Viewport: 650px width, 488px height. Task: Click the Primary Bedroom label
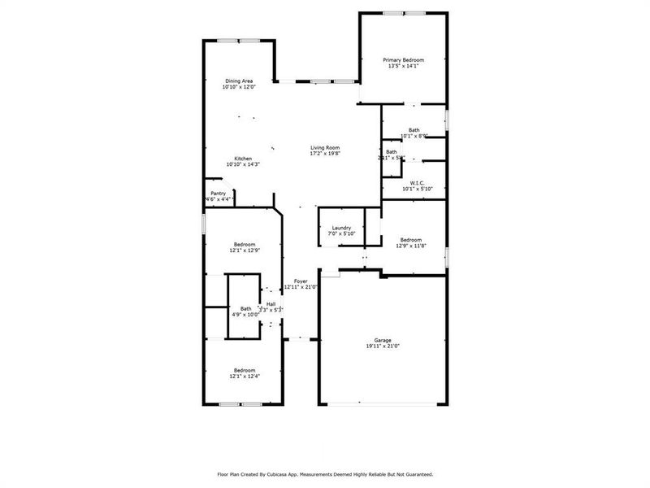[x=404, y=60]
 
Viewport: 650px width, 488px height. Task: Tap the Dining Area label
[x=239, y=81]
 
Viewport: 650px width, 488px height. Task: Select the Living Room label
[x=323, y=147]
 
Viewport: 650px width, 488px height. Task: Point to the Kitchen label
[x=243, y=159]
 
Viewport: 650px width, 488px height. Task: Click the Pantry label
[x=219, y=194]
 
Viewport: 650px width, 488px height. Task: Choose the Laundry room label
[x=340, y=228]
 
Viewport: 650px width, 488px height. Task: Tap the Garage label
[x=383, y=340]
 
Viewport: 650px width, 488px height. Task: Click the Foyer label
[x=300, y=281]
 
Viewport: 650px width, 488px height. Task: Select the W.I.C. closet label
[x=418, y=183]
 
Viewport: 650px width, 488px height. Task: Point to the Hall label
[x=271, y=304]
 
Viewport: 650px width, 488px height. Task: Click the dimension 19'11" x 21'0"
[x=383, y=346]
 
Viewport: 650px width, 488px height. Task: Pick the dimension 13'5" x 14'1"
[x=404, y=67]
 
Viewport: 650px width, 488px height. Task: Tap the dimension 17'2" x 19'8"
[x=323, y=154]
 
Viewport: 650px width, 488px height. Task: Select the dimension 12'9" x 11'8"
[x=410, y=246]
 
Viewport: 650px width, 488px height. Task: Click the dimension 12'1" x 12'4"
[x=245, y=377]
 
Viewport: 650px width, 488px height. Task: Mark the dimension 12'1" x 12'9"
[x=245, y=251]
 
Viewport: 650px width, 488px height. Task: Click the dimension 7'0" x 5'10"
[x=340, y=234]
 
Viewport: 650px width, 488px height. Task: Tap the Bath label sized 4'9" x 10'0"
[x=245, y=308]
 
